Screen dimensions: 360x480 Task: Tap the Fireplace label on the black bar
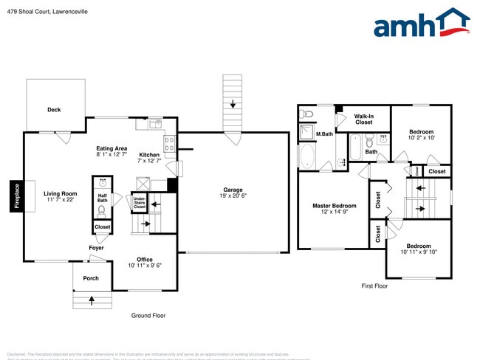[x=16, y=197]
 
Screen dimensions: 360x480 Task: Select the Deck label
[x=54, y=110]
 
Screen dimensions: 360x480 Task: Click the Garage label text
[x=233, y=190]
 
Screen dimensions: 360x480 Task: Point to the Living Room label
[x=60, y=194]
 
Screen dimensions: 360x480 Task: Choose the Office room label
[x=144, y=260]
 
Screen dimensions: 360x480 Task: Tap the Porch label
[x=91, y=278]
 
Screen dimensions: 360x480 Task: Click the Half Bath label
[x=103, y=198]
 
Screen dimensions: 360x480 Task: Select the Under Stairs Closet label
[x=139, y=201]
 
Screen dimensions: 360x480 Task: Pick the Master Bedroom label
[x=334, y=206]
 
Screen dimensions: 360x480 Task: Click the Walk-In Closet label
[x=363, y=119]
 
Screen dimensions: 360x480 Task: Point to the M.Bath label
[x=325, y=134]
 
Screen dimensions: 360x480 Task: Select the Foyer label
[x=96, y=248]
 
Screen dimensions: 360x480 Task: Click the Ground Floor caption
[x=148, y=315]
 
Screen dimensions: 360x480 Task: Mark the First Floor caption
[x=374, y=285]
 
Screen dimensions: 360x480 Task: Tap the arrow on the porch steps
[x=92, y=300]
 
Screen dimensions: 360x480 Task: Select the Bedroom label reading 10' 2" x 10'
[x=422, y=134]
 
